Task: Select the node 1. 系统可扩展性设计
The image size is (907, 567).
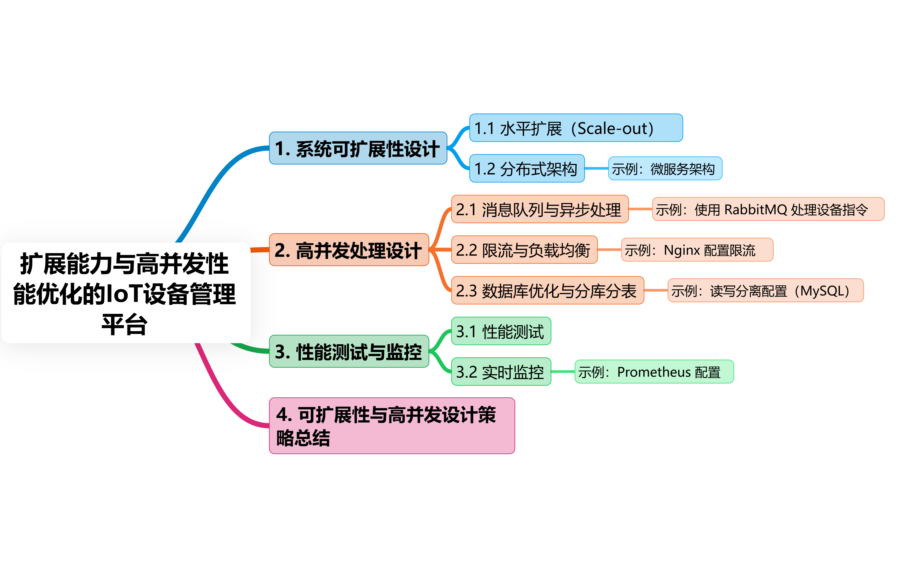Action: point(358,148)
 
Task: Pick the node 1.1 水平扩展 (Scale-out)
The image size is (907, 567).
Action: point(575,128)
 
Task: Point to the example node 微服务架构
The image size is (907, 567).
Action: point(665,168)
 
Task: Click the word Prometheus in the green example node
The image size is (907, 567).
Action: point(654,372)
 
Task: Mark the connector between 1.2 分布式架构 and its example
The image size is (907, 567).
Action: point(597,168)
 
